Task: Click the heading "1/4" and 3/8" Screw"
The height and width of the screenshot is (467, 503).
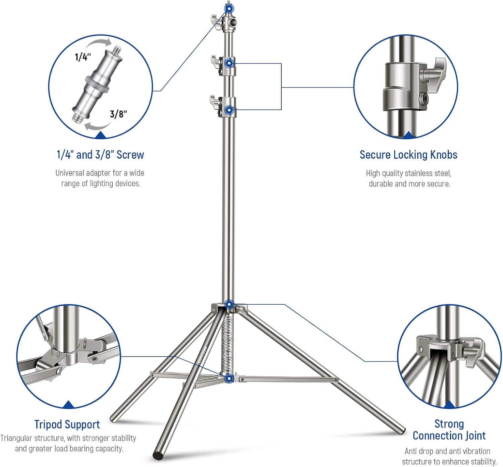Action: (100, 155)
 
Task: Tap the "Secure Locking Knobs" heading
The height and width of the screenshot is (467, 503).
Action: (408, 155)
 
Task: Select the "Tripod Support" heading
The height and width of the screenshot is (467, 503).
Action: (67, 424)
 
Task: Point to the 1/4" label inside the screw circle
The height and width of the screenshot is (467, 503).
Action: (83, 57)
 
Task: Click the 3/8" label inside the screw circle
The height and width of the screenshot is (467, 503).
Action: (118, 114)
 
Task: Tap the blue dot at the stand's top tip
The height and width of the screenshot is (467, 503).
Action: (229, 8)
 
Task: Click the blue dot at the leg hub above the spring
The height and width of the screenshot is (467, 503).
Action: (229, 305)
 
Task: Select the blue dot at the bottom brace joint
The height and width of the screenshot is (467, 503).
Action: (229, 379)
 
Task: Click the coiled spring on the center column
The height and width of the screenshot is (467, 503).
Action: (227, 342)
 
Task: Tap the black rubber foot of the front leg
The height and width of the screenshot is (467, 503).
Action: (158, 455)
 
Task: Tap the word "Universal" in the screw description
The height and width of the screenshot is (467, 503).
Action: (70, 173)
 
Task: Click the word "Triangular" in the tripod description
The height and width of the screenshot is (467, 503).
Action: (16, 438)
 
